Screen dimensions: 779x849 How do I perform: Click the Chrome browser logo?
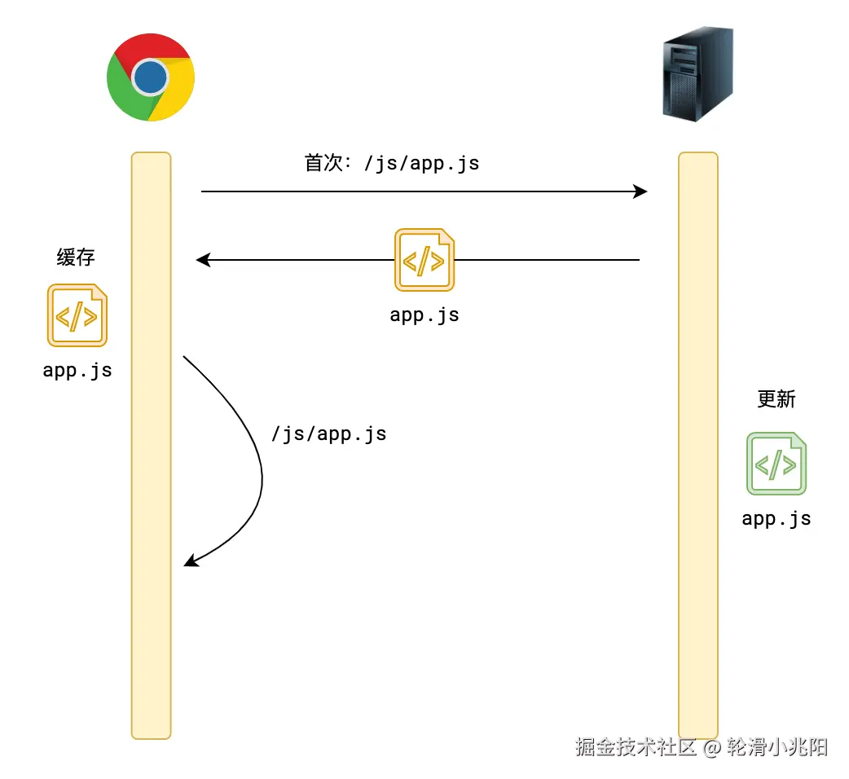click(x=151, y=78)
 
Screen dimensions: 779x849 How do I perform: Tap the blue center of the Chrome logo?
click(x=151, y=78)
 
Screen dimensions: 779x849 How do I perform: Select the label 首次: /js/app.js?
click(x=392, y=163)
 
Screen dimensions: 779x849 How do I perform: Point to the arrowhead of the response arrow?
click(x=202, y=260)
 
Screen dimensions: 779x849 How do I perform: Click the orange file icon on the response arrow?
click(x=424, y=260)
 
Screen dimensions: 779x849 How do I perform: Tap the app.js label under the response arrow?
click(x=424, y=315)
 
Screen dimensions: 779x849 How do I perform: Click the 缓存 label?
click(x=76, y=257)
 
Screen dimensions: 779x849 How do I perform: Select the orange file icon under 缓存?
click(x=77, y=315)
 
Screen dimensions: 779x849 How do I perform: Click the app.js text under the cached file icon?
click(x=77, y=370)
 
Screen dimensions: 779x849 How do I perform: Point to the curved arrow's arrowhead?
click(x=189, y=561)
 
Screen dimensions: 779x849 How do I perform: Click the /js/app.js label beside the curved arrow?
click(x=328, y=434)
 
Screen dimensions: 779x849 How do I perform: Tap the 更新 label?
click(x=776, y=399)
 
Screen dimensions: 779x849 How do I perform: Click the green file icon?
click(x=776, y=464)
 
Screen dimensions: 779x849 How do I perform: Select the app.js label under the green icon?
click(x=776, y=518)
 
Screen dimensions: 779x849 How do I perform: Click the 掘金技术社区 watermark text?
click(x=636, y=746)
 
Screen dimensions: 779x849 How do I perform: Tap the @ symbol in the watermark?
click(x=711, y=747)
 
